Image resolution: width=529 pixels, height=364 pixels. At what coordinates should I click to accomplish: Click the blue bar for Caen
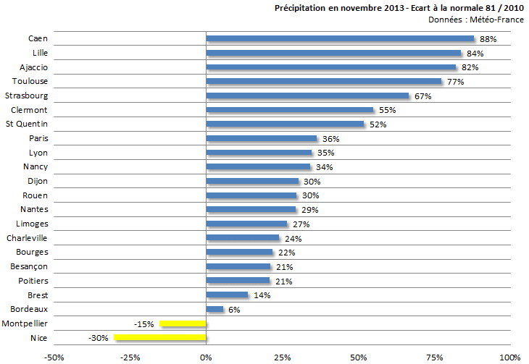(x=340, y=39)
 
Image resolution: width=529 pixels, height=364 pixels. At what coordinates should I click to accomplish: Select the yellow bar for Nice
(x=160, y=337)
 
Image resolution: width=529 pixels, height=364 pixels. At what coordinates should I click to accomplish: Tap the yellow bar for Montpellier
(x=183, y=323)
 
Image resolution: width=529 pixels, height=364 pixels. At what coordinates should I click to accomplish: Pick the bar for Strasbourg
(x=308, y=96)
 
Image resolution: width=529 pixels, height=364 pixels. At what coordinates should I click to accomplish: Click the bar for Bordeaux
(x=215, y=309)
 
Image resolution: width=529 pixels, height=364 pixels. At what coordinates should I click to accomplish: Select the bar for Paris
(x=262, y=138)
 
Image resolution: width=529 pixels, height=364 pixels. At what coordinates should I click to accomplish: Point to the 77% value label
(x=455, y=82)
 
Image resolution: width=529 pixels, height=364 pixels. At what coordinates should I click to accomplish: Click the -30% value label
(x=99, y=338)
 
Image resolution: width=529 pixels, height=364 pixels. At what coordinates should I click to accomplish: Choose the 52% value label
(x=378, y=124)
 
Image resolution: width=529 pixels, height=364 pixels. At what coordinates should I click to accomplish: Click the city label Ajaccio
(x=33, y=67)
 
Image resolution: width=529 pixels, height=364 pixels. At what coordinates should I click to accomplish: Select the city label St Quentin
(x=29, y=124)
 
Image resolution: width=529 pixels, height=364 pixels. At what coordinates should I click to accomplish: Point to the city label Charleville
(x=27, y=238)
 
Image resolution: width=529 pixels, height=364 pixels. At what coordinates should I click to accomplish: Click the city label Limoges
(x=31, y=224)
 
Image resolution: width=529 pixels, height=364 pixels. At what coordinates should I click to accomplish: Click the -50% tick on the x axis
(x=54, y=357)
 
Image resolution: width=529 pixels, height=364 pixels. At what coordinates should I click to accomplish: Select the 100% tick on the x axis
(x=509, y=357)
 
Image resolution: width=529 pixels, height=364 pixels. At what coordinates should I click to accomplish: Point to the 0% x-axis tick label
(x=206, y=357)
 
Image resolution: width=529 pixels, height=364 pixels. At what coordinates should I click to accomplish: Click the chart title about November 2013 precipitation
(x=399, y=8)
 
